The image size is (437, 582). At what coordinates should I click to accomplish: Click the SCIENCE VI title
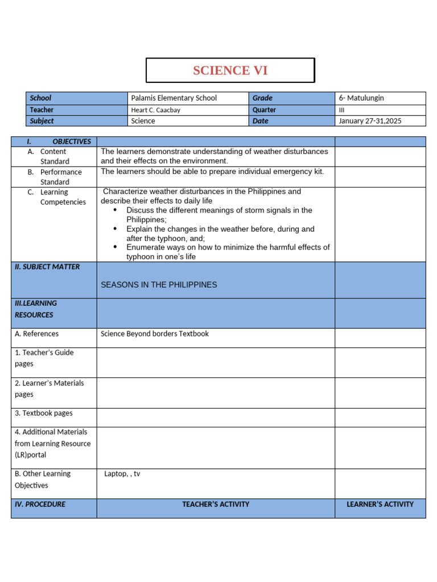[x=230, y=70]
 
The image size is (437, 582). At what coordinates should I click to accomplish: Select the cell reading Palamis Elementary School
[x=174, y=98]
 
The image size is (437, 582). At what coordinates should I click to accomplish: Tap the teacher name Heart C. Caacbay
[x=155, y=110]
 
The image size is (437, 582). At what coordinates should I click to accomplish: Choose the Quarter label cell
[x=265, y=110]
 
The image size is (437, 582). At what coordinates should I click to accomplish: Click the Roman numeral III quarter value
[x=342, y=110]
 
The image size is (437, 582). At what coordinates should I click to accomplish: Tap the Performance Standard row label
[x=61, y=177]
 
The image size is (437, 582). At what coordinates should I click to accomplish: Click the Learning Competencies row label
[x=63, y=197]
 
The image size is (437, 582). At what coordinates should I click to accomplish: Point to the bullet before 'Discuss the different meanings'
[x=115, y=210]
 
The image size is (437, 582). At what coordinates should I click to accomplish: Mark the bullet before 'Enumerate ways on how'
[x=115, y=247]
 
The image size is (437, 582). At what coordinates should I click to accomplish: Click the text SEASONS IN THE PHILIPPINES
[x=159, y=285]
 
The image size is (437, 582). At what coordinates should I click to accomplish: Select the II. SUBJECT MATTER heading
[x=47, y=267]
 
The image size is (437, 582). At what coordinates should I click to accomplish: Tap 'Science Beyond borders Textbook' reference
[x=155, y=334]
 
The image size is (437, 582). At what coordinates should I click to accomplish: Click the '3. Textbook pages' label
[x=44, y=413]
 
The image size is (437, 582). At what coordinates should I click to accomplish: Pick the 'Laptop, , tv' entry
[x=122, y=473]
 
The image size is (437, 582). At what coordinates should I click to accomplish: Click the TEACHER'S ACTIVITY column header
[x=216, y=504]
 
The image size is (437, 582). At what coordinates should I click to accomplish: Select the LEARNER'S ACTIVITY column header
[x=380, y=504]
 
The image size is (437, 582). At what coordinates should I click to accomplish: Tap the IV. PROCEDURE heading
[x=40, y=504]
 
